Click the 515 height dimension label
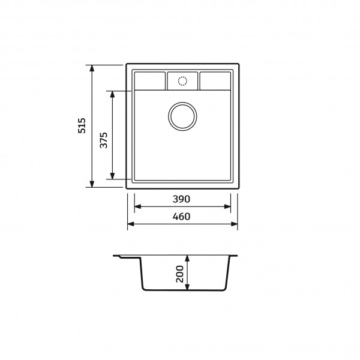82,125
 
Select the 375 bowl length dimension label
104,140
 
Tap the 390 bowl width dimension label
181,199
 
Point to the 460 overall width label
181,217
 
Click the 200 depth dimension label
180,274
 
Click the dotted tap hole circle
182,81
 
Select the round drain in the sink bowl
182,116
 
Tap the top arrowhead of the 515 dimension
92,68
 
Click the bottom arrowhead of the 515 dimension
92,184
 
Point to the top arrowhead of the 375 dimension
112,94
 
